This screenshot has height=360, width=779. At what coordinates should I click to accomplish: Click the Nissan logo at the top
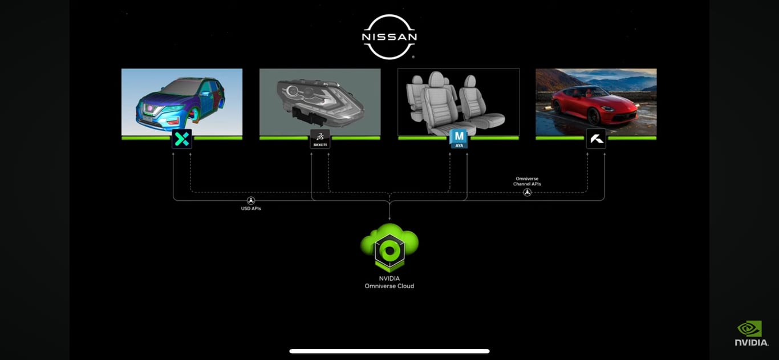point(389,37)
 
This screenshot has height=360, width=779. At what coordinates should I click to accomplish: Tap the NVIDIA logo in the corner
point(751,333)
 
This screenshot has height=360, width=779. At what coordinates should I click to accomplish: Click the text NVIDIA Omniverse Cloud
point(389,282)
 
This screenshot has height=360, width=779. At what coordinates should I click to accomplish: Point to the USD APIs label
point(251,209)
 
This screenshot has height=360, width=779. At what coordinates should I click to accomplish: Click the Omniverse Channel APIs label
point(527,181)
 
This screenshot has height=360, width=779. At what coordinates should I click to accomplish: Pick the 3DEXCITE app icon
point(320,139)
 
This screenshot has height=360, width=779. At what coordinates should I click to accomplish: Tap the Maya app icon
point(459,139)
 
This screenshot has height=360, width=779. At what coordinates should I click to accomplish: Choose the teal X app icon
point(182,139)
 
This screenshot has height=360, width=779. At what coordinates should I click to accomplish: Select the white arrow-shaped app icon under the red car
point(596,139)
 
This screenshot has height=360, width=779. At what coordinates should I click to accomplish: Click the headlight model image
point(320,100)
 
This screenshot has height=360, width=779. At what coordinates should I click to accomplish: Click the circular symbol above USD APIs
point(251,200)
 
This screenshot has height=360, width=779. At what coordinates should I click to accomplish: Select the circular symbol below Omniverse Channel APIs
point(527,192)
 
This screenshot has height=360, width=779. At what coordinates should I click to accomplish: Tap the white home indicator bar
point(389,351)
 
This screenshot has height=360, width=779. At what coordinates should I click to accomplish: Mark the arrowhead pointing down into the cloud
point(389,219)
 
